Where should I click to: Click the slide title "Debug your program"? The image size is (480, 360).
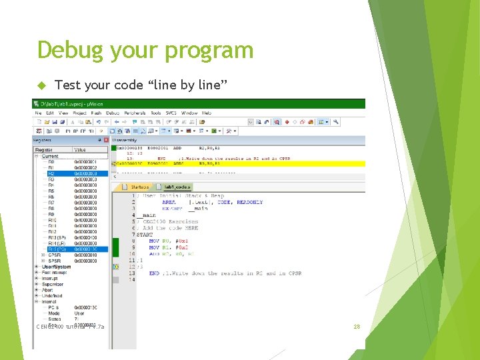145,50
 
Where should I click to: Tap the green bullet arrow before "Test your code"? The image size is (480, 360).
39,85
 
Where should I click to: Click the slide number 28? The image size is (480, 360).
357,327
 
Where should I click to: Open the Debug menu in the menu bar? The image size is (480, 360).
113,113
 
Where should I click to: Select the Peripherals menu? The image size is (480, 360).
135,113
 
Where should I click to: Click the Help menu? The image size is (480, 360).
207,113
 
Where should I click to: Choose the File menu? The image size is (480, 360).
39,113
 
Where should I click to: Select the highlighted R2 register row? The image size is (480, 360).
67,173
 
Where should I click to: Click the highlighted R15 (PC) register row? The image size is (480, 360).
67,249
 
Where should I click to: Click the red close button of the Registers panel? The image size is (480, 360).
106,140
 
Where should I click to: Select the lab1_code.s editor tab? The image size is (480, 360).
175,187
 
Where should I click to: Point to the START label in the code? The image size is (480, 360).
145,235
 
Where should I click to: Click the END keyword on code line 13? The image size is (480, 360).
154,273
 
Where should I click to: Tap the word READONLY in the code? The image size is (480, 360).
249,202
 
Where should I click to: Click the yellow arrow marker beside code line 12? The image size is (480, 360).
115,267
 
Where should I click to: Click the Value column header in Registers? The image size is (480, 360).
80,150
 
